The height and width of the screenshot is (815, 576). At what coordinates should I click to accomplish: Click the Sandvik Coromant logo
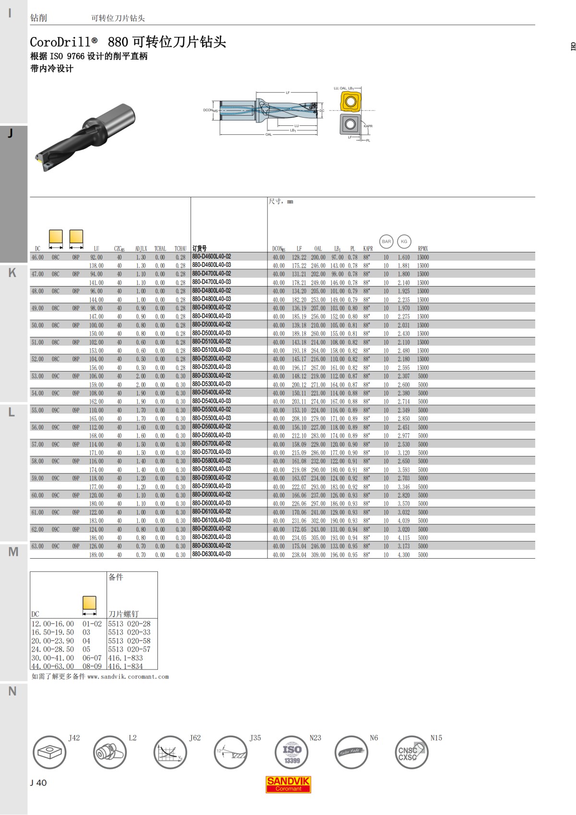click(288, 784)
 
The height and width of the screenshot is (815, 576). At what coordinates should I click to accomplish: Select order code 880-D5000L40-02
click(211, 324)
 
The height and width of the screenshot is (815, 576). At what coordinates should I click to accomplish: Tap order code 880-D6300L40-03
click(211, 554)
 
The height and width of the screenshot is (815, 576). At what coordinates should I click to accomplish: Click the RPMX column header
click(422, 249)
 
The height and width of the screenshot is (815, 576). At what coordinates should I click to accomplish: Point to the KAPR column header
click(368, 249)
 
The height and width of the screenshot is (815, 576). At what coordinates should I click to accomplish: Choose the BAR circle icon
click(386, 241)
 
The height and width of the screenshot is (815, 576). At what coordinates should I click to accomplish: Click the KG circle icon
click(404, 241)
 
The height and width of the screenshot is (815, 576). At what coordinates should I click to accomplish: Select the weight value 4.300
click(404, 555)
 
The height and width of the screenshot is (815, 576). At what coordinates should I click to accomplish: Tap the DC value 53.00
click(37, 376)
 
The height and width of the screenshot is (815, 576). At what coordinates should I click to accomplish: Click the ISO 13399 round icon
click(292, 752)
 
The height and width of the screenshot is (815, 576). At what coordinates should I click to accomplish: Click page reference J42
click(74, 738)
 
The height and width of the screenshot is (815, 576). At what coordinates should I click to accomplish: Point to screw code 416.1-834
click(125, 666)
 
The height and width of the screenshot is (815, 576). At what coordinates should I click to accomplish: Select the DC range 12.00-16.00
click(53, 624)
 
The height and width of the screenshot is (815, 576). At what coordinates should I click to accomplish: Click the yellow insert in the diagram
click(350, 102)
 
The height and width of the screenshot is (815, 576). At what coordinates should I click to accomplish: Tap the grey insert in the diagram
click(350, 124)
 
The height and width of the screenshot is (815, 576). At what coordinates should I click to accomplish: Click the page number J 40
click(38, 783)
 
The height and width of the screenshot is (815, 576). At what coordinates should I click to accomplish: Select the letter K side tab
click(12, 273)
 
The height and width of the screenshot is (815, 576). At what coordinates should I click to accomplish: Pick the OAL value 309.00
click(318, 555)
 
